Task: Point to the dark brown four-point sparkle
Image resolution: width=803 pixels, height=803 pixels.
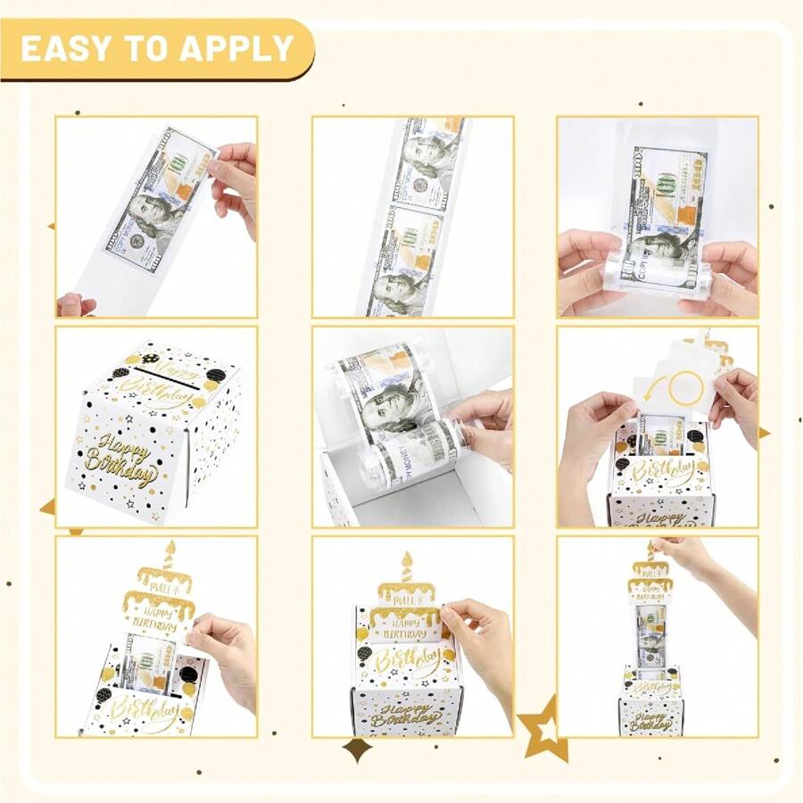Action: (358, 749)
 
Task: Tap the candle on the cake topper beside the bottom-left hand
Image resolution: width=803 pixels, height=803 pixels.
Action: (169, 553)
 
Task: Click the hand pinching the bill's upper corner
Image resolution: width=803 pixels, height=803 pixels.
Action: (234, 178)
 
